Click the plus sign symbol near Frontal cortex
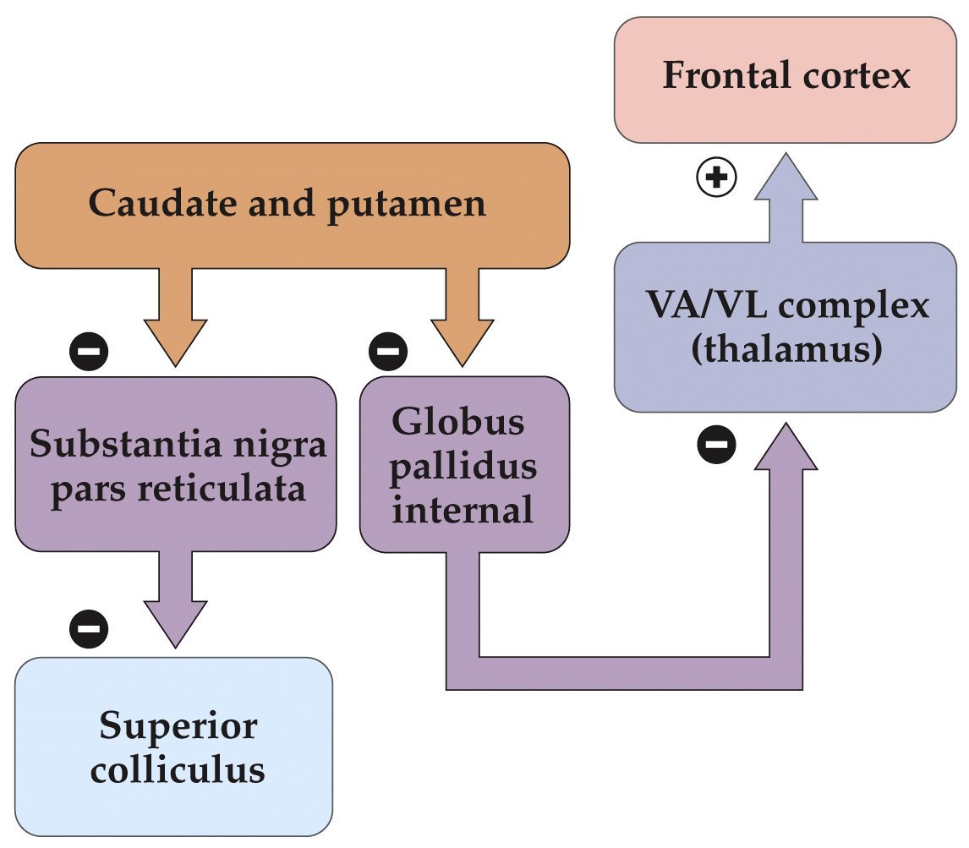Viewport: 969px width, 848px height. click(x=716, y=178)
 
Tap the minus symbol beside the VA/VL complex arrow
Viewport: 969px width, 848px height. click(x=716, y=443)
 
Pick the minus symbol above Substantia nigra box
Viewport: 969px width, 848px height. click(x=89, y=350)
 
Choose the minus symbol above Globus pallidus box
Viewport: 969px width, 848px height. click(x=387, y=350)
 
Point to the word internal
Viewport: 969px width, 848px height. click(x=463, y=510)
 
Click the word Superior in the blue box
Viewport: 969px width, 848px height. click(x=178, y=725)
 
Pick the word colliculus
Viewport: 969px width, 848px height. click(x=177, y=769)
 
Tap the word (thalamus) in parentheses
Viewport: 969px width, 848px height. click(x=782, y=349)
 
